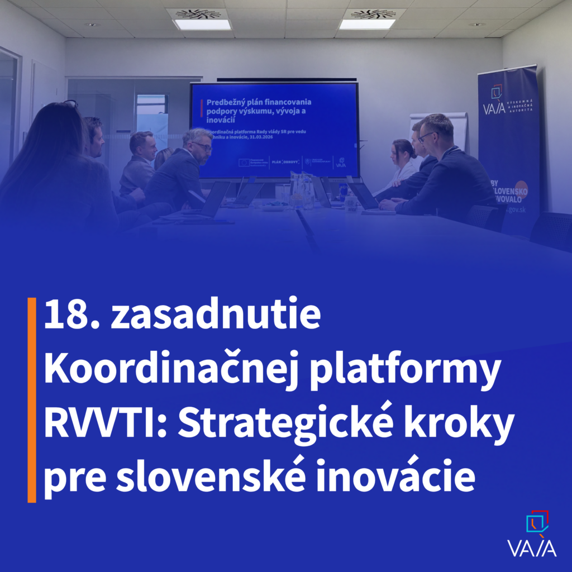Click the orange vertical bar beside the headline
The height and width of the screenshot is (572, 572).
pos(32,400)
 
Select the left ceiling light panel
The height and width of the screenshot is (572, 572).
pos(202,25)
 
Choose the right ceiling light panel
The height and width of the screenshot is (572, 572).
pos(367,25)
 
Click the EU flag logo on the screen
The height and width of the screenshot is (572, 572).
pos(244,163)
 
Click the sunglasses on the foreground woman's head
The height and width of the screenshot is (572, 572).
pos(70,104)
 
